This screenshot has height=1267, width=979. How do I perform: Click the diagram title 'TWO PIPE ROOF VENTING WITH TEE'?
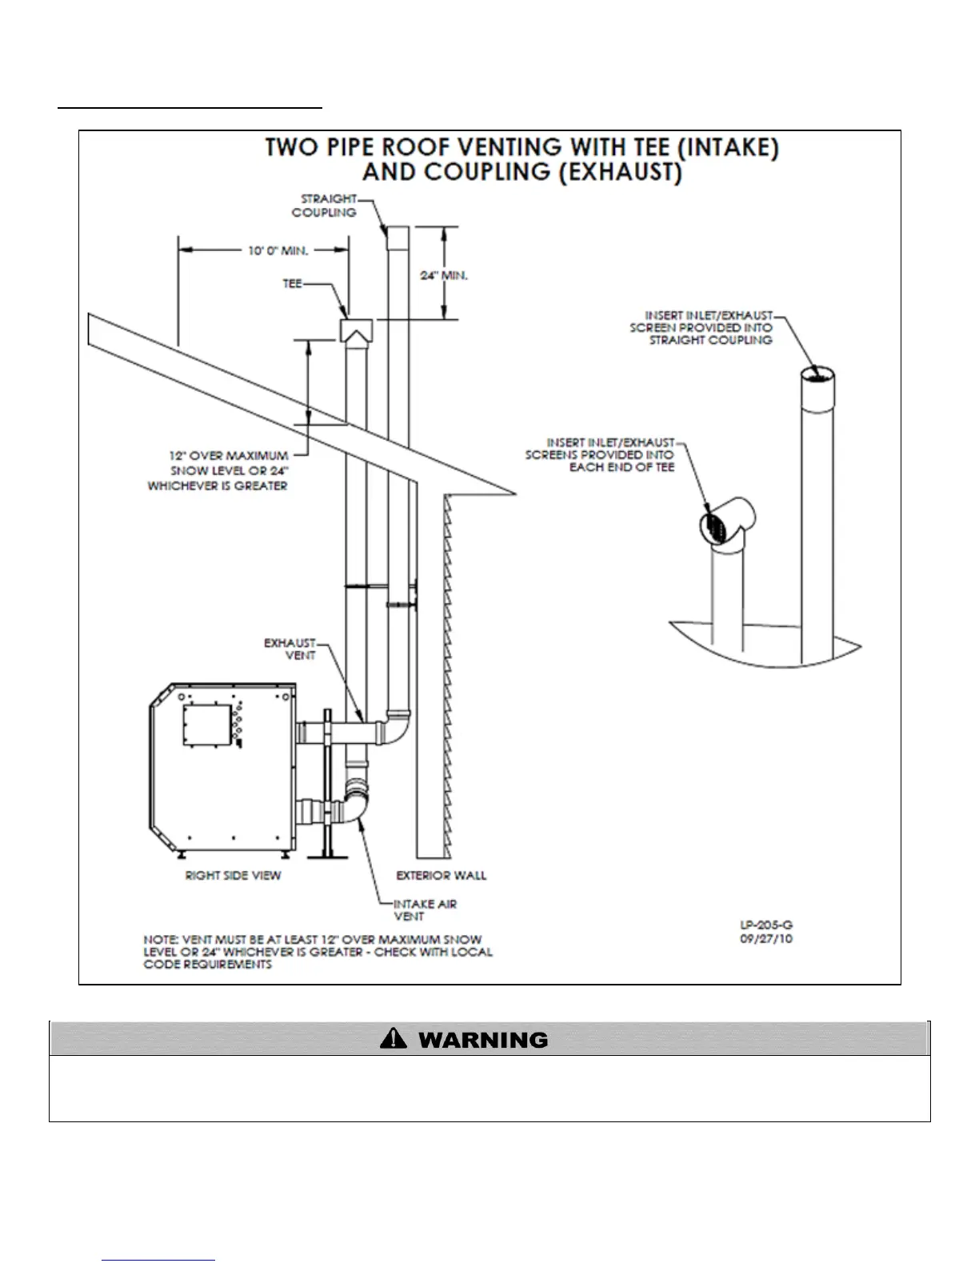coord(521,148)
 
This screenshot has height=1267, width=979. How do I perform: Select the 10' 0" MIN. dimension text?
coord(278,251)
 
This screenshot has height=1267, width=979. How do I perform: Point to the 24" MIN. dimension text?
coord(444,276)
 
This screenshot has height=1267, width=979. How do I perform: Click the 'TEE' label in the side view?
coord(292,284)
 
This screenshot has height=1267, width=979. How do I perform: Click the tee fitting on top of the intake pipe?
coord(356,330)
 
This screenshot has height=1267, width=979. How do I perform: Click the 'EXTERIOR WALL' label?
coord(441,875)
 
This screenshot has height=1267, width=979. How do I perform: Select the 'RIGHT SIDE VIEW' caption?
coord(233,875)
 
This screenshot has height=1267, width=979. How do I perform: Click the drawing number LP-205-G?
coord(766,925)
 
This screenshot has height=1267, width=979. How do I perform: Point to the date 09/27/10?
coord(766,938)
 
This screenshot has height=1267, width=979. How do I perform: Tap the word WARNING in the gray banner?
coord(483,1040)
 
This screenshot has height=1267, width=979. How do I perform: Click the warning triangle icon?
coord(394,1039)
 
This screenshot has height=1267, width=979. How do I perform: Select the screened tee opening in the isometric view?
coord(715,528)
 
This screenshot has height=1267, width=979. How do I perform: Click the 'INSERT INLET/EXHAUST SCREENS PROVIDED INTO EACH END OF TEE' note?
coord(600,454)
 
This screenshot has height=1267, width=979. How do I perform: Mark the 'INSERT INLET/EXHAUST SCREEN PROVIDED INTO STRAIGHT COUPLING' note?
coord(701,328)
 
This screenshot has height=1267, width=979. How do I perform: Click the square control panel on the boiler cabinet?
coord(207,725)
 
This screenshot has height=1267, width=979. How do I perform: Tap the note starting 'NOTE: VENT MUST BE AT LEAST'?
coord(318,952)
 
